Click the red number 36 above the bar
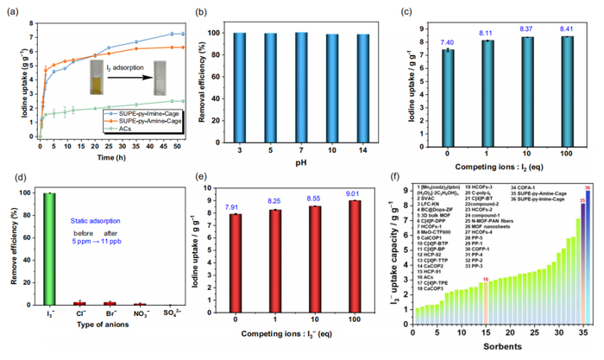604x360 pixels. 587,188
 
